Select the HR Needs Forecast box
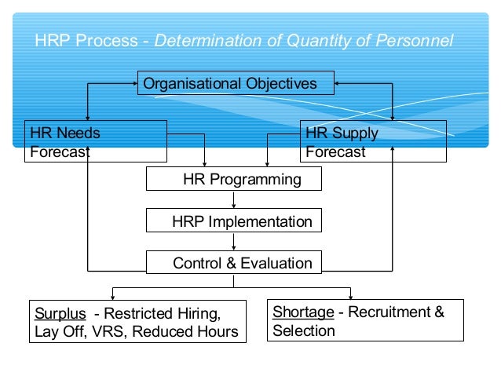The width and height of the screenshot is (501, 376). click(x=96, y=141)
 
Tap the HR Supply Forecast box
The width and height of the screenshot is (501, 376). click(x=372, y=141)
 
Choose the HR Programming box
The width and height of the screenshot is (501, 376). click(x=234, y=179)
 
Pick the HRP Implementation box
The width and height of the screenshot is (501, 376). click(x=234, y=221)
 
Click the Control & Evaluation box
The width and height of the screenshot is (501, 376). click(x=234, y=263)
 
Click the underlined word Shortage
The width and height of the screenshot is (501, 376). click(x=302, y=312)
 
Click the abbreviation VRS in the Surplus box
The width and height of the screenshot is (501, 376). click(x=110, y=331)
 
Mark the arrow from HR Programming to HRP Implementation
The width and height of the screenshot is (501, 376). click(x=234, y=200)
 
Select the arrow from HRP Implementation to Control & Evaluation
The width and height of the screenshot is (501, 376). click(x=234, y=243)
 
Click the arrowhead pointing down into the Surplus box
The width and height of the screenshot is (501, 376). click(x=113, y=296)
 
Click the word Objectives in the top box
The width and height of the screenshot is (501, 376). click(x=279, y=83)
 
